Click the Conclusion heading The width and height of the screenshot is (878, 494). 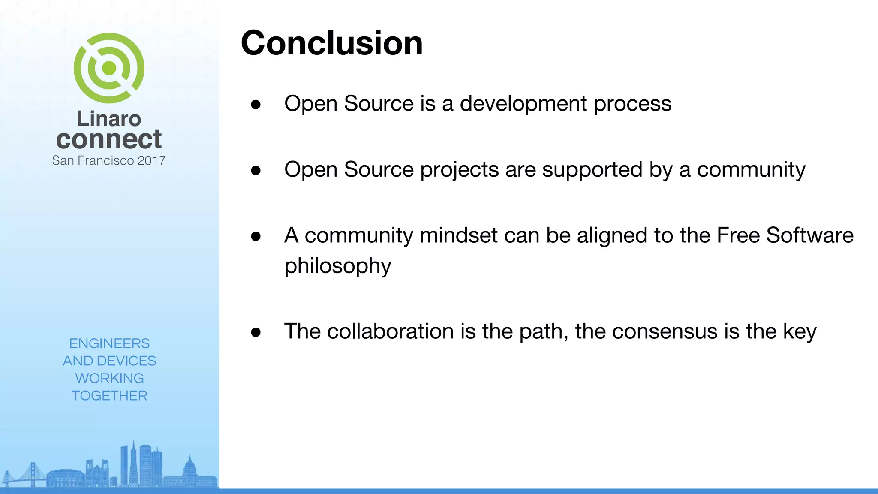click(x=332, y=43)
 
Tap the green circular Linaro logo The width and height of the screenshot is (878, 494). click(x=109, y=68)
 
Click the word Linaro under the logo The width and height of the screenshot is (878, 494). click(x=109, y=119)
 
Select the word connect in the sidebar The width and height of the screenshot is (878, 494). click(x=109, y=140)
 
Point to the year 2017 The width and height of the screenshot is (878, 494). click(x=151, y=161)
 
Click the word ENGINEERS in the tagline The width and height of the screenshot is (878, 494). click(x=109, y=343)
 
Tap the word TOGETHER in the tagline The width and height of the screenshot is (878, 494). click(x=109, y=395)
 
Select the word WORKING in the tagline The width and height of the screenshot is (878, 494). click(x=109, y=378)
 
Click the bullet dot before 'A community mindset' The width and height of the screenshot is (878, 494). click(x=256, y=236)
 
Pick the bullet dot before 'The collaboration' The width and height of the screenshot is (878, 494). click(x=256, y=332)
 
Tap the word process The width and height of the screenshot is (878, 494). click(x=632, y=104)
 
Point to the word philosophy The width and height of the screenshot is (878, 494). click(x=338, y=266)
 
